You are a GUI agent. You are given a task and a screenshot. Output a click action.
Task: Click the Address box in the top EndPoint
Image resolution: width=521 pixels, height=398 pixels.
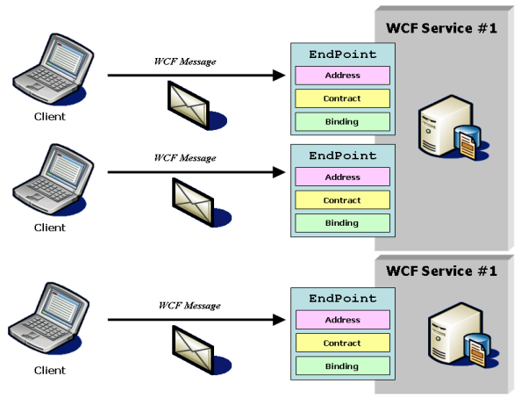coord(341,76)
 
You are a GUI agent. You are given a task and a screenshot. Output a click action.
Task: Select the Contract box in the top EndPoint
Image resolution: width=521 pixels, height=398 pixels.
coord(341,98)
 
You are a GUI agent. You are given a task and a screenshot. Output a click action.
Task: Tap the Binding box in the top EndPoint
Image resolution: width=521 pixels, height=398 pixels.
coord(341,121)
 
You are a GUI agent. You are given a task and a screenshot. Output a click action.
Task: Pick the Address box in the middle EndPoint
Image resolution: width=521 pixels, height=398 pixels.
coord(341,177)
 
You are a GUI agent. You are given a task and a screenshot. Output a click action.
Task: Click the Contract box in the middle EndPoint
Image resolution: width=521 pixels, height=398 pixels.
coord(341,200)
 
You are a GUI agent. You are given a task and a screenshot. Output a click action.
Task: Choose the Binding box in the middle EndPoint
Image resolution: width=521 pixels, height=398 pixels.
coord(341,223)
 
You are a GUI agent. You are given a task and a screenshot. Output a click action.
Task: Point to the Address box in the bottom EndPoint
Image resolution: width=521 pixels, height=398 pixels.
coord(341,321)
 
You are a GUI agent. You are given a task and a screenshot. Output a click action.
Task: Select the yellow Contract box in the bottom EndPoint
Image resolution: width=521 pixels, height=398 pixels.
coord(341,344)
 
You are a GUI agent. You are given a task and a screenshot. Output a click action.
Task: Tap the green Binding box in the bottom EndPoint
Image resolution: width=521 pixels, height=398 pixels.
coord(341,365)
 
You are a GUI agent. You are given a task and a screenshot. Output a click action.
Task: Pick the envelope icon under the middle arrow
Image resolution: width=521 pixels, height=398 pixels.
coord(195,199)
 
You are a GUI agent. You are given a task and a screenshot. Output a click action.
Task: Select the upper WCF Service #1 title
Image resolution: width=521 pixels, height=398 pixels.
coord(441,28)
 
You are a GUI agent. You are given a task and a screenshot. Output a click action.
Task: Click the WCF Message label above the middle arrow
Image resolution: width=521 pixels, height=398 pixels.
coord(185,158)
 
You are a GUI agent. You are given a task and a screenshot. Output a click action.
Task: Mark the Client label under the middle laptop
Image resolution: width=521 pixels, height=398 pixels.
coord(49,228)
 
